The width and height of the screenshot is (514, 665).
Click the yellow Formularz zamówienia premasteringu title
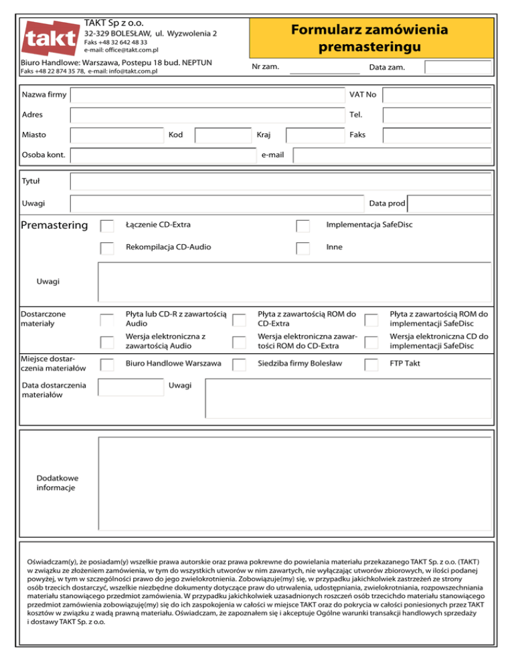point(371,39)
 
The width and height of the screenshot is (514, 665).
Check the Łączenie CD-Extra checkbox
point(107,225)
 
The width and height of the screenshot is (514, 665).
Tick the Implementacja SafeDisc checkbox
point(303,225)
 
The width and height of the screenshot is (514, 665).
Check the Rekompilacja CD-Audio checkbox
point(107,248)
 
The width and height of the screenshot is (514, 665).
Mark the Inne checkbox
point(303,248)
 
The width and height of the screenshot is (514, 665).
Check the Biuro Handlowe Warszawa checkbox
point(107,365)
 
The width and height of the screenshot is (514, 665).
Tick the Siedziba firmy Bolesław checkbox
point(238,365)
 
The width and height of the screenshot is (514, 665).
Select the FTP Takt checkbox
point(371,365)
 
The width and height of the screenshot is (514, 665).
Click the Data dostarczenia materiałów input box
point(131,387)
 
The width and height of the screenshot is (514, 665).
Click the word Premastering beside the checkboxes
point(55,225)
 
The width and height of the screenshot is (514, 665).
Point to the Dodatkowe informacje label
point(58,483)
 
